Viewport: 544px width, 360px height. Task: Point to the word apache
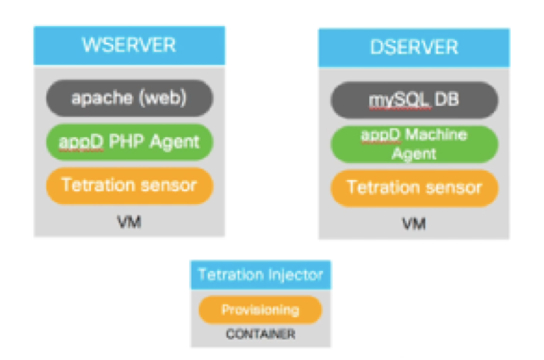point(98,95)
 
